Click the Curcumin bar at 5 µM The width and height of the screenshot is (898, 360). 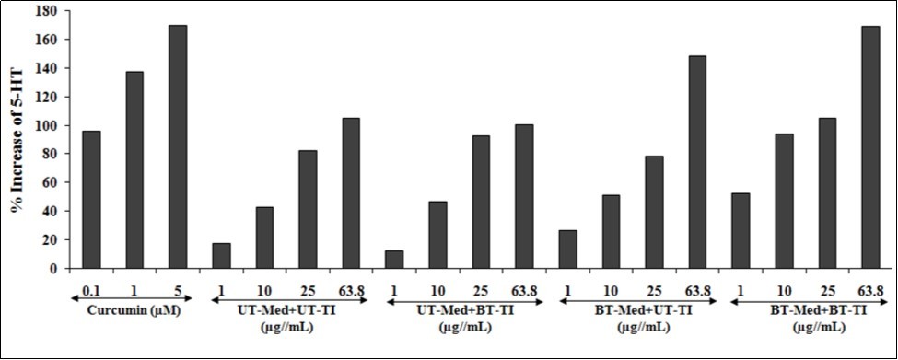(x=178, y=147)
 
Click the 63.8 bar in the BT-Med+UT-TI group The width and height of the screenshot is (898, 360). (x=696, y=162)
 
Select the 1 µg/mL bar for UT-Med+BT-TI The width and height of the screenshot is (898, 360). (x=393, y=260)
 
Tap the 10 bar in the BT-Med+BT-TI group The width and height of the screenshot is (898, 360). (x=783, y=202)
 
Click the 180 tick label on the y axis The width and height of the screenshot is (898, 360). (x=45, y=12)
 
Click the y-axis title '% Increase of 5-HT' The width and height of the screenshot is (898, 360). (x=17, y=138)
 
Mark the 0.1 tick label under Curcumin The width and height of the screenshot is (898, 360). (x=91, y=291)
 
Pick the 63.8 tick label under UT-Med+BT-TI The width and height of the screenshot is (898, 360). (x=523, y=291)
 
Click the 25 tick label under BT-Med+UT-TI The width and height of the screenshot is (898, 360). (x=653, y=291)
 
